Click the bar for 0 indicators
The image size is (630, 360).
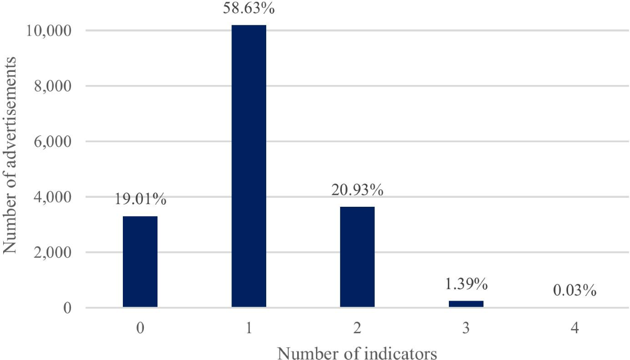pyautogui.click(x=140, y=261)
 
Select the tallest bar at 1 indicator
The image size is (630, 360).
pyautogui.click(x=249, y=166)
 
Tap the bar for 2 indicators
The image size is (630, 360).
pyautogui.click(x=357, y=257)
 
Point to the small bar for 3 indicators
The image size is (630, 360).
pyautogui.click(x=466, y=304)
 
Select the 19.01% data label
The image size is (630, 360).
pyautogui.click(x=140, y=199)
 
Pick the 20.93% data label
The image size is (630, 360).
pyautogui.click(x=357, y=189)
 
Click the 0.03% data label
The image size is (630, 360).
pyautogui.click(x=574, y=290)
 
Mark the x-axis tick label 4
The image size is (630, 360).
pyautogui.click(x=574, y=329)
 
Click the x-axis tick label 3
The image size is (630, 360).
pyautogui.click(x=466, y=329)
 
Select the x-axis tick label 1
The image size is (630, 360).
pyautogui.click(x=249, y=329)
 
